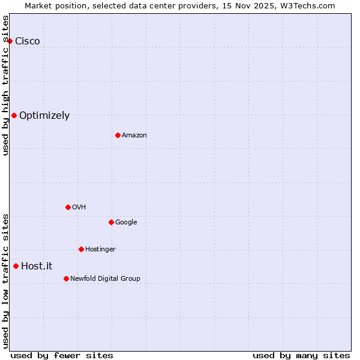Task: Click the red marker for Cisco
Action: (x=10, y=41)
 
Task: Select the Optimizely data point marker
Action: (x=14, y=115)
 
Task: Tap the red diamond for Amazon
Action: (x=118, y=135)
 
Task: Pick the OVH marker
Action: (x=68, y=207)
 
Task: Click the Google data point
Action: (x=111, y=222)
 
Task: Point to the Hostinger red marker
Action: (x=81, y=249)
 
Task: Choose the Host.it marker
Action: (x=16, y=266)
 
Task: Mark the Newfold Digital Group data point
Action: (x=66, y=278)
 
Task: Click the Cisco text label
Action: (x=28, y=41)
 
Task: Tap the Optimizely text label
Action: (x=44, y=115)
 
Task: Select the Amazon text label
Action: (x=134, y=135)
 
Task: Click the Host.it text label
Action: (x=37, y=266)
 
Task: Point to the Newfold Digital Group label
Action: (x=105, y=278)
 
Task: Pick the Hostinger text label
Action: (x=100, y=249)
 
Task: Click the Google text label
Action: (x=126, y=222)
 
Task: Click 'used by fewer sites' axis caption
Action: (x=62, y=355)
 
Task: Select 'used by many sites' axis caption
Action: (x=301, y=355)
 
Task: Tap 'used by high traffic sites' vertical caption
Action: (x=6, y=85)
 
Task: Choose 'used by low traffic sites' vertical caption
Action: (x=6, y=280)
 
